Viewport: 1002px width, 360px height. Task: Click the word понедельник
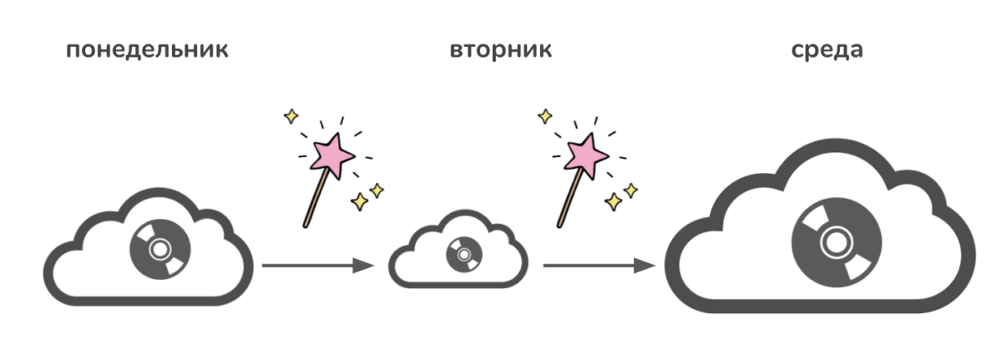click(147, 50)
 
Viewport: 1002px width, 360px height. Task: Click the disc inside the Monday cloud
click(160, 249)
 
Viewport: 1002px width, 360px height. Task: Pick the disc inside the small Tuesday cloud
click(464, 255)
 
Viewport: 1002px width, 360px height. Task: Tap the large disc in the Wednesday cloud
click(836, 242)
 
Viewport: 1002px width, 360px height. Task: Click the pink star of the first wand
click(332, 155)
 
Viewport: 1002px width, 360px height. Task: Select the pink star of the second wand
click(585, 155)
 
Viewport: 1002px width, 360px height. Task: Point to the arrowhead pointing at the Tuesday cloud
click(363, 265)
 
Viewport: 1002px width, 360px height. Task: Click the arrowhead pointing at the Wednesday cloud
click(645, 265)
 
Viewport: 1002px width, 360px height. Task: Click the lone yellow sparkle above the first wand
click(291, 116)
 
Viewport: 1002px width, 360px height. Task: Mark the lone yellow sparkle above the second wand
click(544, 116)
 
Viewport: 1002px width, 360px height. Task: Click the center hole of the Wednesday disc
click(836, 242)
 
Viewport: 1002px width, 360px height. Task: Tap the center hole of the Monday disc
click(160, 249)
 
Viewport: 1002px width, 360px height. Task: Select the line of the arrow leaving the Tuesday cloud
click(589, 265)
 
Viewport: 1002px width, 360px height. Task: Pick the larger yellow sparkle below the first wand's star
click(359, 201)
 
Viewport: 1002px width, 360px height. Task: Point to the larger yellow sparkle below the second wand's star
click(613, 201)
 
